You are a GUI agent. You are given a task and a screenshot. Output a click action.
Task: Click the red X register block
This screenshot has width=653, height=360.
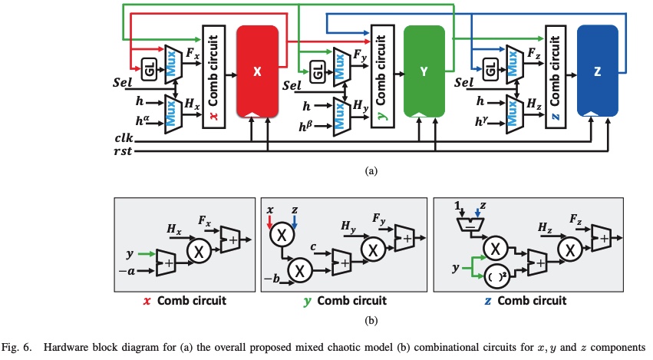coord(258,71)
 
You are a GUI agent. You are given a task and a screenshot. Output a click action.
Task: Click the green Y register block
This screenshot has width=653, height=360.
coord(424,71)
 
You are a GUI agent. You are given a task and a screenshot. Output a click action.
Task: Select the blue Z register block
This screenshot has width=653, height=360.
coord(597,71)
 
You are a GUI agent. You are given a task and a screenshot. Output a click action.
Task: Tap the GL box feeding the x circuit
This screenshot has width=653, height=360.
coord(149,71)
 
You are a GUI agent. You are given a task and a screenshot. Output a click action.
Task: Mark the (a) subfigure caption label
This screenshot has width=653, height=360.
coord(371,171)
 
